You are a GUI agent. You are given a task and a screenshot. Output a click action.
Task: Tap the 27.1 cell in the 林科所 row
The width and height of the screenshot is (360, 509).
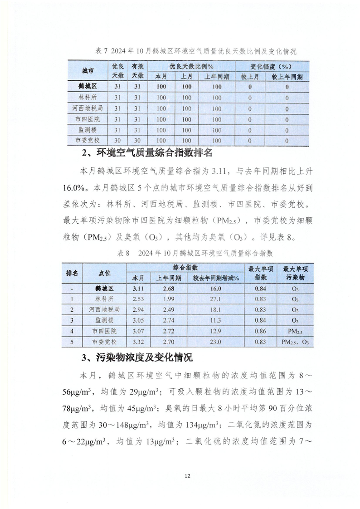(213, 299)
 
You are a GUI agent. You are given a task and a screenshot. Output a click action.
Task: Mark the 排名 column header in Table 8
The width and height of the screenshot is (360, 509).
(72, 273)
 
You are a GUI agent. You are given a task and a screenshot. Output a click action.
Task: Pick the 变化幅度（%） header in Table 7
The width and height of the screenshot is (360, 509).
(272, 66)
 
